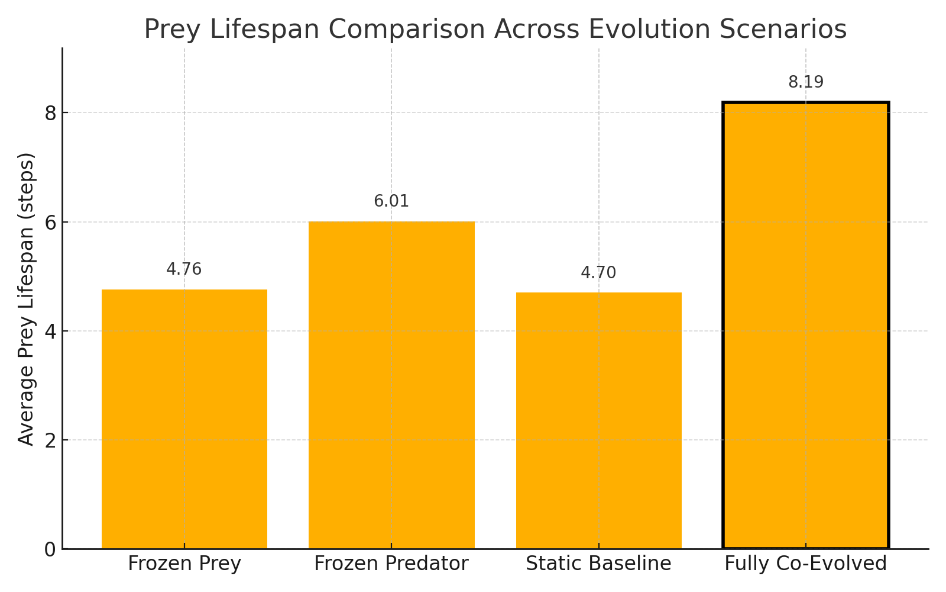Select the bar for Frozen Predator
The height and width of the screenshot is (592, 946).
tap(391, 385)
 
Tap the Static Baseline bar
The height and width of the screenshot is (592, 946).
tap(598, 420)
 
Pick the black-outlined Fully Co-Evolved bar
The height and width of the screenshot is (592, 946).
tap(805, 326)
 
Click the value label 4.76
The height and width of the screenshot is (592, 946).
tap(184, 269)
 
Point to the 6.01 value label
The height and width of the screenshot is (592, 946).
tap(391, 201)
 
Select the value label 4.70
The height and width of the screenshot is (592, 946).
tap(598, 273)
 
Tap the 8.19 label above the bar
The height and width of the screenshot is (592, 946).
tap(806, 82)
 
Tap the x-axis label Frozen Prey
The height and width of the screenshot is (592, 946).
tap(184, 564)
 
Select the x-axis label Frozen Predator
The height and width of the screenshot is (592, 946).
tap(391, 564)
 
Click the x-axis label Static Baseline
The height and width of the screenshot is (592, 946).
tap(598, 564)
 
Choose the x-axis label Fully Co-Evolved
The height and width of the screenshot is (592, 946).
tap(805, 564)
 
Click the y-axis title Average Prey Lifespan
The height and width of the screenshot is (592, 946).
tap(27, 299)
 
